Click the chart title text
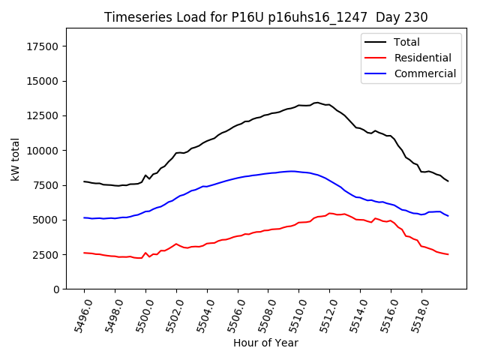click(265, 17)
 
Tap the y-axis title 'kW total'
click(15, 159)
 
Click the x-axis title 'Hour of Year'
click(265, 343)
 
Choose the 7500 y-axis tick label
click(47, 185)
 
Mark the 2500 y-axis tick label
click(47, 254)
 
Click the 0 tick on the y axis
click(57, 289)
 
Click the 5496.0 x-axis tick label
click(77, 313)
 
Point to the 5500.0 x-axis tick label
click(139, 313)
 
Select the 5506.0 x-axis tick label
click(231, 313)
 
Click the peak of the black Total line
click(316, 102)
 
